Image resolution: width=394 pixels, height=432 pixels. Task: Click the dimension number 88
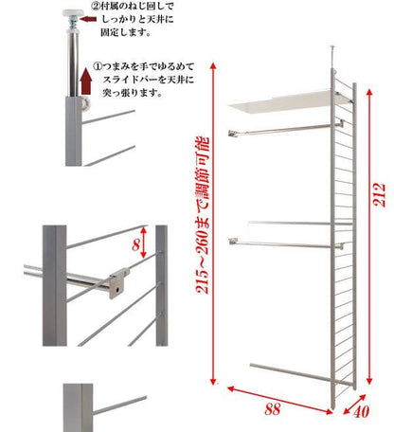[x=273, y=409]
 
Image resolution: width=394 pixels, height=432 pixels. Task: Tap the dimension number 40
[x=361, y=412]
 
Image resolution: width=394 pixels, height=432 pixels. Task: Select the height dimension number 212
[x=380, y=194]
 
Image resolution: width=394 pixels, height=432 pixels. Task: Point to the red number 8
[x=135, y=244]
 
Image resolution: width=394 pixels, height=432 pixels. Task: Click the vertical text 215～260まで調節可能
[x=203, y=215]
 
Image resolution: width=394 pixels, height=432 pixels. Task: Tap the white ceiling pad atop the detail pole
[x=73, y=13]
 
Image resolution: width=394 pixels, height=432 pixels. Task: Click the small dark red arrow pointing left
[x=88, y=19]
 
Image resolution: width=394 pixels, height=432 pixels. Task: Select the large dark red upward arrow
[x=86, y=81]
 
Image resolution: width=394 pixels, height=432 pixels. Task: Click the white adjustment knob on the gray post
[x=86, y=103]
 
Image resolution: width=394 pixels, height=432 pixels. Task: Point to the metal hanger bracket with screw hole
[x=119, y=282]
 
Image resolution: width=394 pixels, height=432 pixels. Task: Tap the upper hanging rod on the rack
[x=286, y=129]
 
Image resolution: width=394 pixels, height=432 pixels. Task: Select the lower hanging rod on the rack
[x=286, y=243]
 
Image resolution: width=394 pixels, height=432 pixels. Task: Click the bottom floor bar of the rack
[x=301, y=374]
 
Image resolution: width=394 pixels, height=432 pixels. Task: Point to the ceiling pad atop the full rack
[x=332, y=46]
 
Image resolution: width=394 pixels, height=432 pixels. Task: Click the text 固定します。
[x=125, y=32]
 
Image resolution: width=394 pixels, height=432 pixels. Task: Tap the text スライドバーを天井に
[x=149, y=80]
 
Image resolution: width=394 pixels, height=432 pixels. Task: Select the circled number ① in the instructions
[x=98, y=67]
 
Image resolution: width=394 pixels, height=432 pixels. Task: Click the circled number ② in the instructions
[x=95, y=6]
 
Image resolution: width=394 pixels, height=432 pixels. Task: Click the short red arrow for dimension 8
[x=144, y=243]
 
